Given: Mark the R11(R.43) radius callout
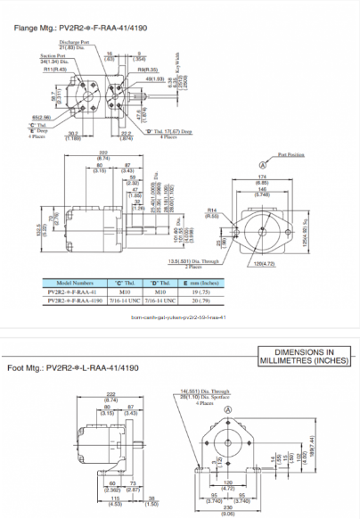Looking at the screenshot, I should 56,69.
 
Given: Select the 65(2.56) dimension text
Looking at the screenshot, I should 41,117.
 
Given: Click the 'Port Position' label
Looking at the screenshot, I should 291,154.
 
